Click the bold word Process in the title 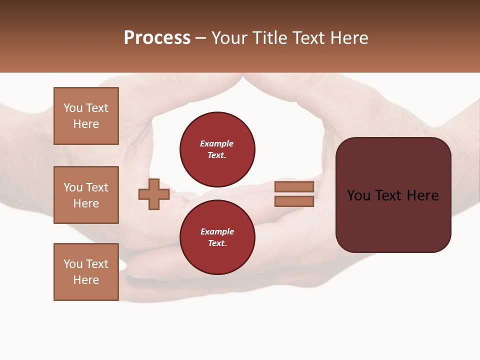pyautogui.click(x=157, y=38)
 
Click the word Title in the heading pyautogui.click(x=269, y=38)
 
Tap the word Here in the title pyautogui.click(x=348, y=38)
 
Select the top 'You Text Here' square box pyautogui.click(x=86, y=116)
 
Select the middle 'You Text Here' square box pyautogui.click(x=86, y=195)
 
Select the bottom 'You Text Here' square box pyautogui.click(x=86, y=272)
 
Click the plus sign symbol pyautogui.click(x=154, y=194)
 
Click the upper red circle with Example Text pyautogui.click(x=217, y=149)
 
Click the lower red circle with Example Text pyautogui.click(x=217, y=237)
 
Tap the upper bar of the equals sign pyautogui.click(x=294, y=186)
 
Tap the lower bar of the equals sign pyautogui.click(x=294, y=201)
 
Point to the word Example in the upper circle pyautogui.click(x=217, y=143)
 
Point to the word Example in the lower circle pyautogui.click(x=217, y=231)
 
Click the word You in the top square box pyautogui.click(x=73, y=108)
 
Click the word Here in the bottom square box pyautogui.click(x=86, y=280)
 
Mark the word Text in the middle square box pyautogui.click(x=97, y=187)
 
